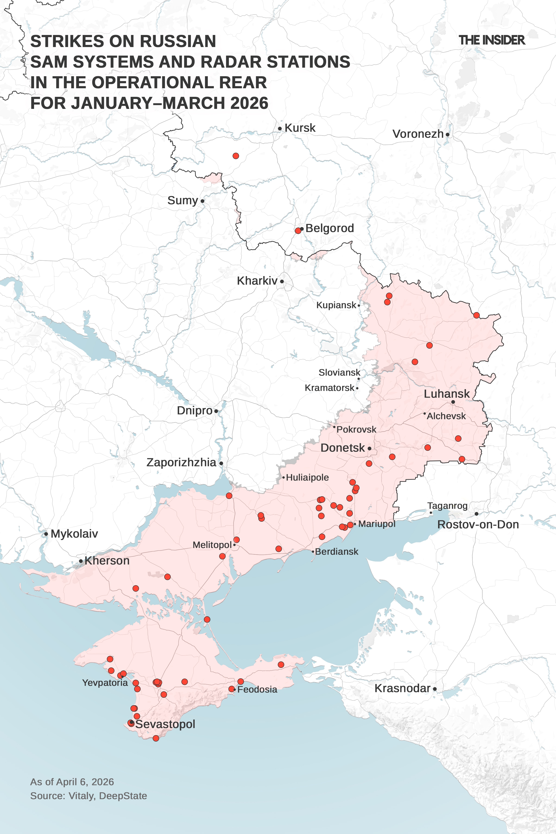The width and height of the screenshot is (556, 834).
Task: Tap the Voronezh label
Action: (x=418, y=134)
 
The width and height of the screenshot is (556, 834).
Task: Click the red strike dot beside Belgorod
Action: (x=298, y=231)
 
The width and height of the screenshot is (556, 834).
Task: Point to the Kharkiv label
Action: (x=257, y=281)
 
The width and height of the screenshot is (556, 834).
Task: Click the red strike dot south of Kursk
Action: (x=236, y=156)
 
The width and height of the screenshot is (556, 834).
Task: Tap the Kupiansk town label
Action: (x=336, y=305)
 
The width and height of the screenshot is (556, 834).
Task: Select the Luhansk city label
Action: (x=447, y=394)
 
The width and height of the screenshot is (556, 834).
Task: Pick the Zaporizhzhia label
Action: (x=181, y=462)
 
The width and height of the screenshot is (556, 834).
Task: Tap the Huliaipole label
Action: (x=307, y=478)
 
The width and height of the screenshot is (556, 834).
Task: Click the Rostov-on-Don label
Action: (x=478, y=524)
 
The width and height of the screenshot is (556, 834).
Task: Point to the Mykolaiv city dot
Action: (x=46, y=534)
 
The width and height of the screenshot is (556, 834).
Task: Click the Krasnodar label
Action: (x=402, y=688)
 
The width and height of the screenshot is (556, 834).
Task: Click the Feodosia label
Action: (x=257, y=689)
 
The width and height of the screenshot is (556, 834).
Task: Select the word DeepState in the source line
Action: (x=123, y=796)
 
